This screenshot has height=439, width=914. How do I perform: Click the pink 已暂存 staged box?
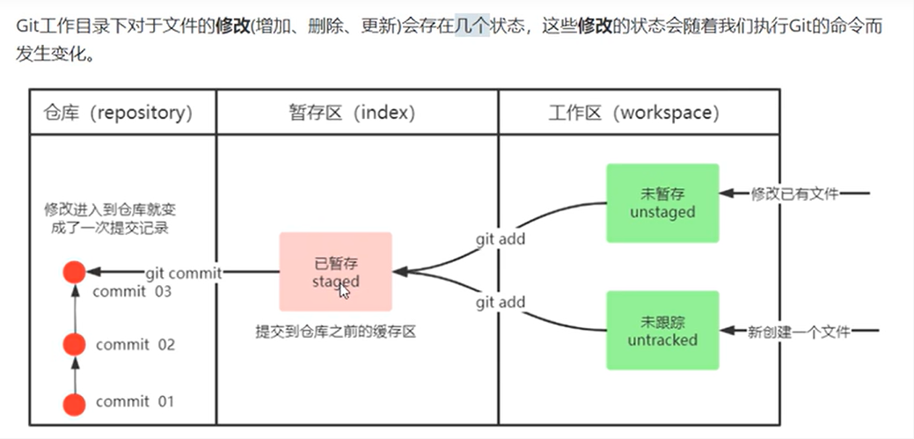[x=335, y=271]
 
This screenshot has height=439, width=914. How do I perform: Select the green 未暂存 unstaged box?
[x=662, y=203]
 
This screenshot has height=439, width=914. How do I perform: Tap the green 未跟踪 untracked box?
[x=662, y=331]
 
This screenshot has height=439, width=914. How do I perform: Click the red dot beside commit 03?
[x=75, y=273]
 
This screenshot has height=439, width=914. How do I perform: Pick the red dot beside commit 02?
[x=75, y=344]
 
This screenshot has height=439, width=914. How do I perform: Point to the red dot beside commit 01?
[x=75, y=404]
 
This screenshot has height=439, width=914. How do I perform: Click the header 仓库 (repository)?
[x=117, y=113]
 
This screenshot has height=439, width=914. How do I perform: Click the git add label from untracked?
[x=501, y=302]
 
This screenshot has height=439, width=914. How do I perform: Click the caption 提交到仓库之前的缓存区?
[x=335, y=333]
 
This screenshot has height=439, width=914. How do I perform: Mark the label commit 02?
[x=135, y=344]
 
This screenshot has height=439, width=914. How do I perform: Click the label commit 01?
[x=135, y=402]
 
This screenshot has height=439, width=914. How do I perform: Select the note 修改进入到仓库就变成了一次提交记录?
[x=111, y=220]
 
